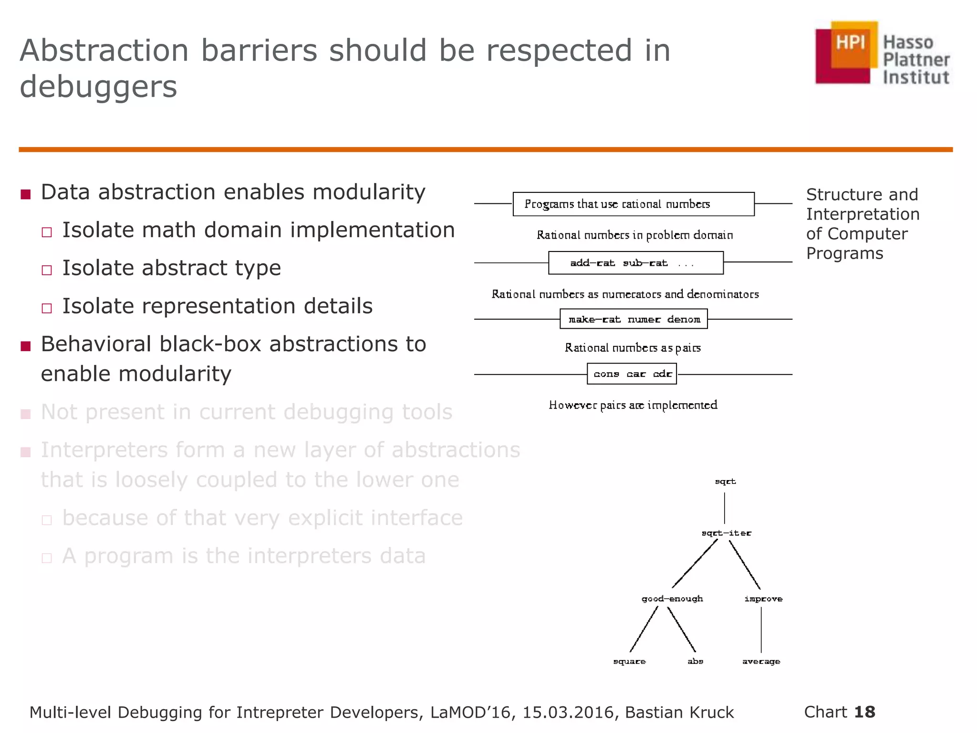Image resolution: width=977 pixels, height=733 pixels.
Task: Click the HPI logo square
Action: [847, 52]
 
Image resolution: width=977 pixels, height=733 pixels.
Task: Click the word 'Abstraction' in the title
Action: [104, 51]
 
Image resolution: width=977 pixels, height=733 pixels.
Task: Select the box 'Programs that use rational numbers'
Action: [633, 204]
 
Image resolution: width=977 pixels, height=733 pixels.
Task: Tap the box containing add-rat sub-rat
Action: [635, 263]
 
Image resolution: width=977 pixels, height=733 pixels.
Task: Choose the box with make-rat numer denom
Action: [634, 319]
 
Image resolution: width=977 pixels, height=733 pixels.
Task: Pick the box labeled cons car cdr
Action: [632, 374]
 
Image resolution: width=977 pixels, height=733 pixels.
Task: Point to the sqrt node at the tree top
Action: [725, 482]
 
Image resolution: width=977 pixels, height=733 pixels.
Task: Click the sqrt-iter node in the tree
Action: [726, 533]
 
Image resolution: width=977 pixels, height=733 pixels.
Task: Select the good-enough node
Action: [672, 599]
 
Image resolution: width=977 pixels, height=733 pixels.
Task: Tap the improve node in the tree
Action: [763, 599]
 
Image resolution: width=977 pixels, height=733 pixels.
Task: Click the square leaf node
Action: [629, 661]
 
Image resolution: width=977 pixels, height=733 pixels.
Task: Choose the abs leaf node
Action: [695, 661]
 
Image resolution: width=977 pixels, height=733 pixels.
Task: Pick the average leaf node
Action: [761, 661]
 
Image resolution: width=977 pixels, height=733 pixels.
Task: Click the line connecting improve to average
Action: [761, 629]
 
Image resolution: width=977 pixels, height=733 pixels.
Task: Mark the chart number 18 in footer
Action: [864, 712]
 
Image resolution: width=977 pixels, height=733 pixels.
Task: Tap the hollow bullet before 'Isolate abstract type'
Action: [46, 270]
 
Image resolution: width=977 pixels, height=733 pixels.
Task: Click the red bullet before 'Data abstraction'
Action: [26, 194]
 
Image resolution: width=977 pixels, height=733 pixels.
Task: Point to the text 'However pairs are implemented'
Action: [633, 405]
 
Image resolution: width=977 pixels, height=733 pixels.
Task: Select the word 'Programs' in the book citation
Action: [844, 253]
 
